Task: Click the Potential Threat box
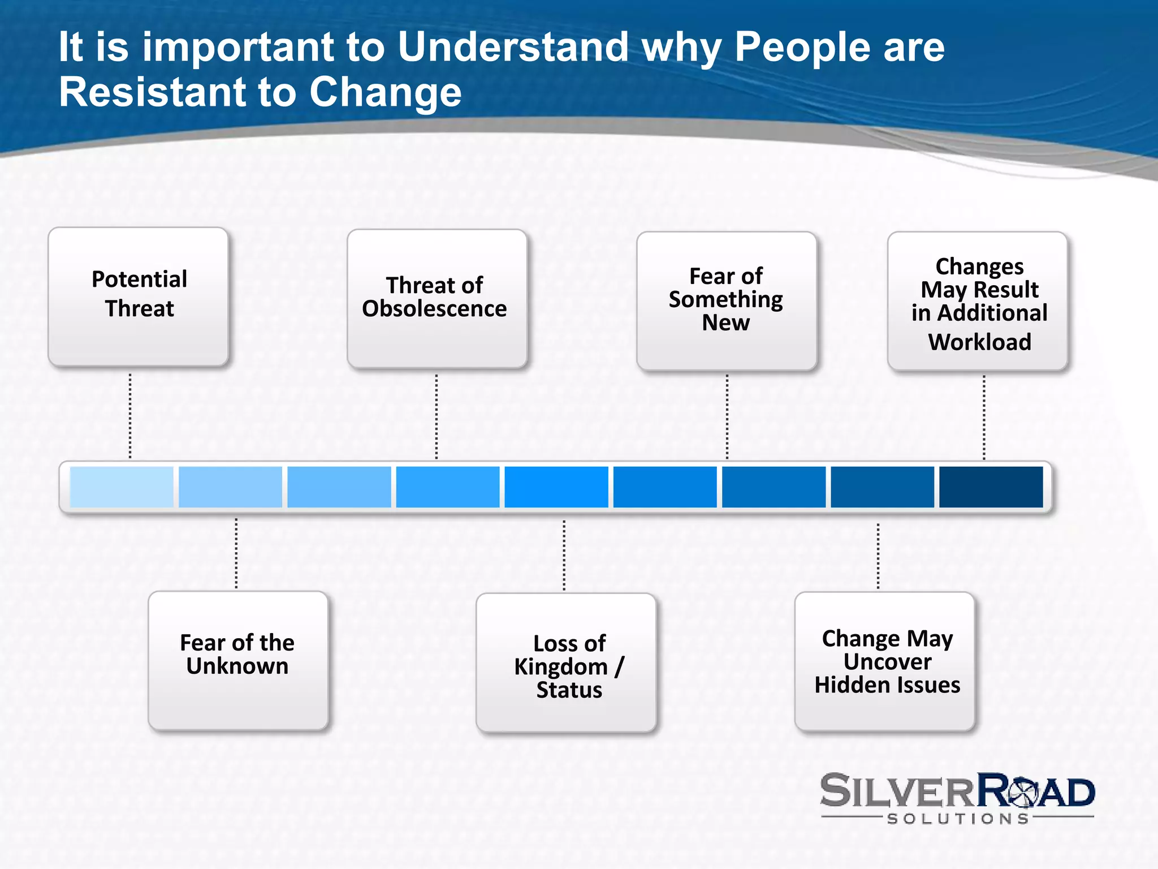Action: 139,296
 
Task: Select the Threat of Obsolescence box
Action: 437,299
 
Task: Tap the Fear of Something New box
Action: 726,301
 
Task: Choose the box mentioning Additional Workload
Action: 977,301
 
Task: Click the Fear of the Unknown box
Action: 238,661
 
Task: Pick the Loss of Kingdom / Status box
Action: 566,663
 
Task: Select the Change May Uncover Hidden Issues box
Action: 884,662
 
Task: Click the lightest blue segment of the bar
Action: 121,487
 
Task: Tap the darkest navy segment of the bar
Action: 991,487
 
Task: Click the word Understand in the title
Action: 513,47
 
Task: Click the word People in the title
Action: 802,47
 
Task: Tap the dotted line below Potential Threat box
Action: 130,416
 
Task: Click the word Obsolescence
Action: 434,309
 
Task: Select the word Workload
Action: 979,342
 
